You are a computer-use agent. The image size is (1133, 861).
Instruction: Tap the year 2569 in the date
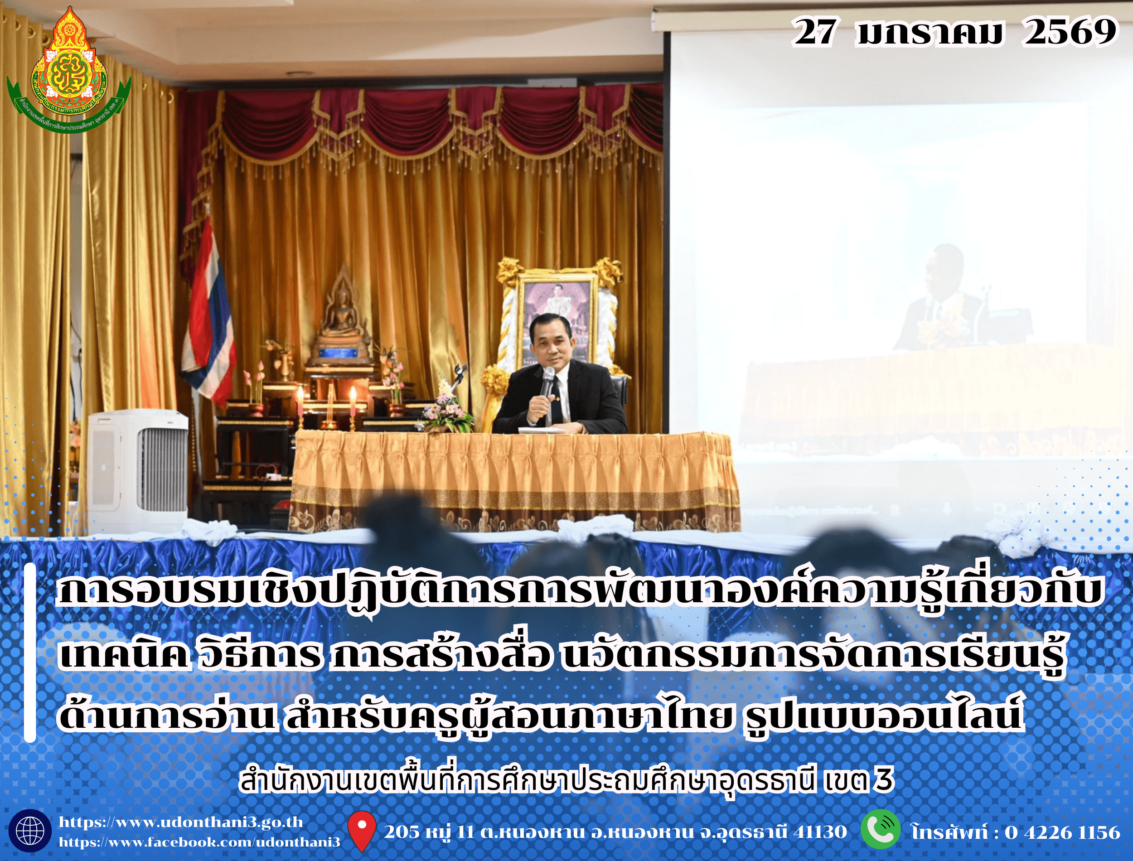[1070, 32]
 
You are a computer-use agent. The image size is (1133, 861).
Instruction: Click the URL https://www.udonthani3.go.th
[181, 822]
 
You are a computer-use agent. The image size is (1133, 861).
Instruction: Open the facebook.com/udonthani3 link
[199, 842]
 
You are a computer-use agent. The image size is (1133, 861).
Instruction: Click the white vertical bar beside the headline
[30, 653]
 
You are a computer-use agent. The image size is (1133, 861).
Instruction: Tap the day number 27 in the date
[814, 32]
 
